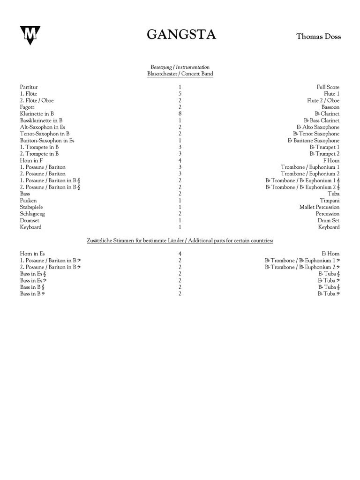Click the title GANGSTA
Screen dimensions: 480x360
[181, 35]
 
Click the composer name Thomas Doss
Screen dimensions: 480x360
[318, 36]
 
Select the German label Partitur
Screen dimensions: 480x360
[29, 87]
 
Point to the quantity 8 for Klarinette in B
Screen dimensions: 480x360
[180, 114]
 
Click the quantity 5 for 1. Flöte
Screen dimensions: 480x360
[180, 94]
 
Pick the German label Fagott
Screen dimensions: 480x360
[27, 107]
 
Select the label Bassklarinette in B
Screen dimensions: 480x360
[41, 120]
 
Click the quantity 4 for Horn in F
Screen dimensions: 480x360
[180, 160]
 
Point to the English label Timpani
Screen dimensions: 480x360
[330, 201]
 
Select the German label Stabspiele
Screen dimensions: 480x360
[32, 207]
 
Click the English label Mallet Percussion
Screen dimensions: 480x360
[320, 207]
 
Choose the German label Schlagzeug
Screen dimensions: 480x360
[32, 214]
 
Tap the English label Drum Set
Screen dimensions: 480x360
[329, 220]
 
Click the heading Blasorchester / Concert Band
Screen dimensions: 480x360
[180, 74]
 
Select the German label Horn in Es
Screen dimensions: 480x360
[32, 254]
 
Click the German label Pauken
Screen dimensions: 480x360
[28, 201]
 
